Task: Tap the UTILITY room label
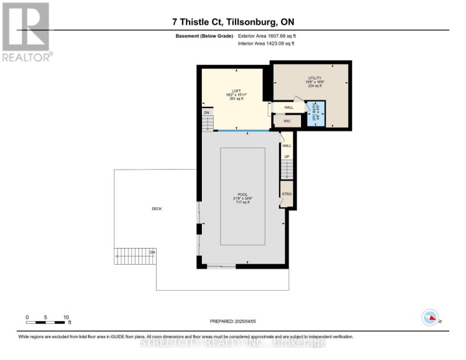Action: (314, 78)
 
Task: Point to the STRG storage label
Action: (286, 194)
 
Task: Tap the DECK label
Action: (156, 208)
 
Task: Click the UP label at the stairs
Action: (286, 157)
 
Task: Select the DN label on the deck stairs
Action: (153, 251)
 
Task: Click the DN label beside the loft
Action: (206, 113)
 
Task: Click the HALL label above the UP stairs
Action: (286, 146)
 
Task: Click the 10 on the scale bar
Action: (65, 317)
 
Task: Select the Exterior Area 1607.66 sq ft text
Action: (266, 36)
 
